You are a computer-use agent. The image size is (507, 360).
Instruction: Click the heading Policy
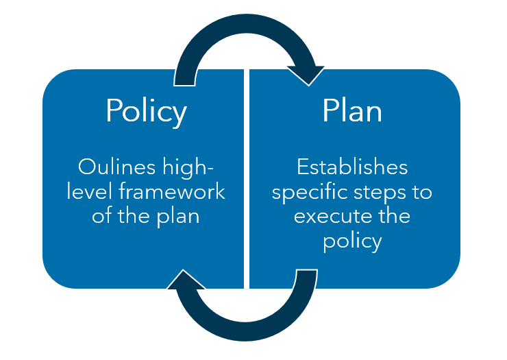coord(146,111)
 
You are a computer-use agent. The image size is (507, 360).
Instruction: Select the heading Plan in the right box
coord(352,111)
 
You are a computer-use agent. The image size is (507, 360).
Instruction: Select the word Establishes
coord(352,167)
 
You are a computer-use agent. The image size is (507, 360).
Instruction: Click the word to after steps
coord(422,192)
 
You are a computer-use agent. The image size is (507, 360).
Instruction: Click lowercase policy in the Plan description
coord(352,241)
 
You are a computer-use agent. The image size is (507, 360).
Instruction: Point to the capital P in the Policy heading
coord(114,111)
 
